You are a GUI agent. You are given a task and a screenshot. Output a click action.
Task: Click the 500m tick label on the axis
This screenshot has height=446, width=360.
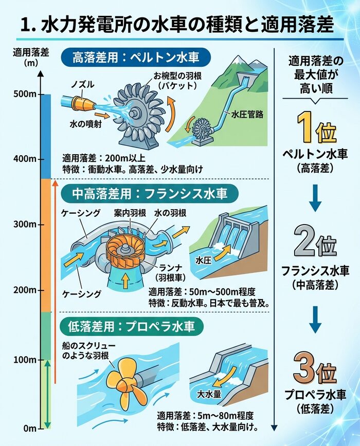pyautogui.click(x=25, y=94)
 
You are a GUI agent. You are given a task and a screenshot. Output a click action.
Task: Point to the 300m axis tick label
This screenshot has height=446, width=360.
pyautogui.click(x=25, y=225)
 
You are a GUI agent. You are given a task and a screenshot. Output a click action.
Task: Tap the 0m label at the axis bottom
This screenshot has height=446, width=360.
pyautogui.click(x=30, y=429)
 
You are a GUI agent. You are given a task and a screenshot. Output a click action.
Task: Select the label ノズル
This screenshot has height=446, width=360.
pyautogui.click(x=82, y=84)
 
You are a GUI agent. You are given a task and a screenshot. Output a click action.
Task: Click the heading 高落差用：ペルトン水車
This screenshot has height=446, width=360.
pyautogui.click(x=136, y=58)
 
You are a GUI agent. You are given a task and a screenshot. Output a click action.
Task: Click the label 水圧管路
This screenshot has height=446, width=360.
pyautogui.click(x=247, y=115)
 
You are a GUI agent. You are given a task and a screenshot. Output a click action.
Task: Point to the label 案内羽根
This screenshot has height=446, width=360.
pyautogui.click(x=130, y=213)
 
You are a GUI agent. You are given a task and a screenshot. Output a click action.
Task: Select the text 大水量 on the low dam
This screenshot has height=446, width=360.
pyautogui.click(x=209, y=394)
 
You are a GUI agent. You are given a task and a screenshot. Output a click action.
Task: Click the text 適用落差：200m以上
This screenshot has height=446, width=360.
pyautogui.click(x=104, y=158)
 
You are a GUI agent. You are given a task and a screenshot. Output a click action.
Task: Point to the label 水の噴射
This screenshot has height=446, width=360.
pyautogui.click(x=86, y=124)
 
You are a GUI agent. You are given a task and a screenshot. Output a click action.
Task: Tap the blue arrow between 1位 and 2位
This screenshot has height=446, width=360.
pyautogui.click(x=315, y=198)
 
